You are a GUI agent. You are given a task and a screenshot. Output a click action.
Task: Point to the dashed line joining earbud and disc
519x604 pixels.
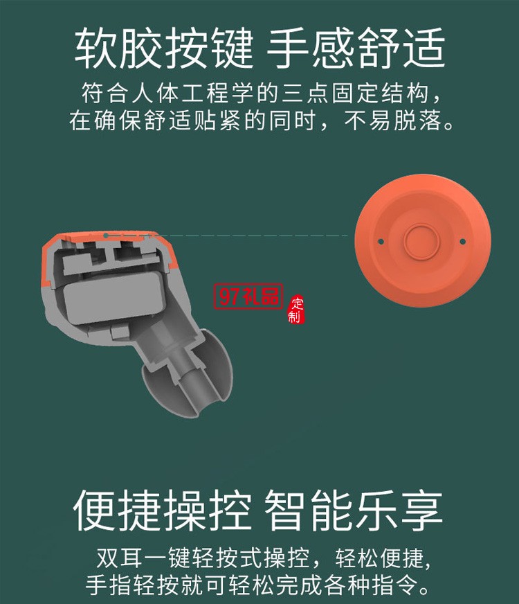click(x=263, y=236)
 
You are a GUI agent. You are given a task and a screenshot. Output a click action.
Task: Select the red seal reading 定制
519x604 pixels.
click(x=297, y=309)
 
